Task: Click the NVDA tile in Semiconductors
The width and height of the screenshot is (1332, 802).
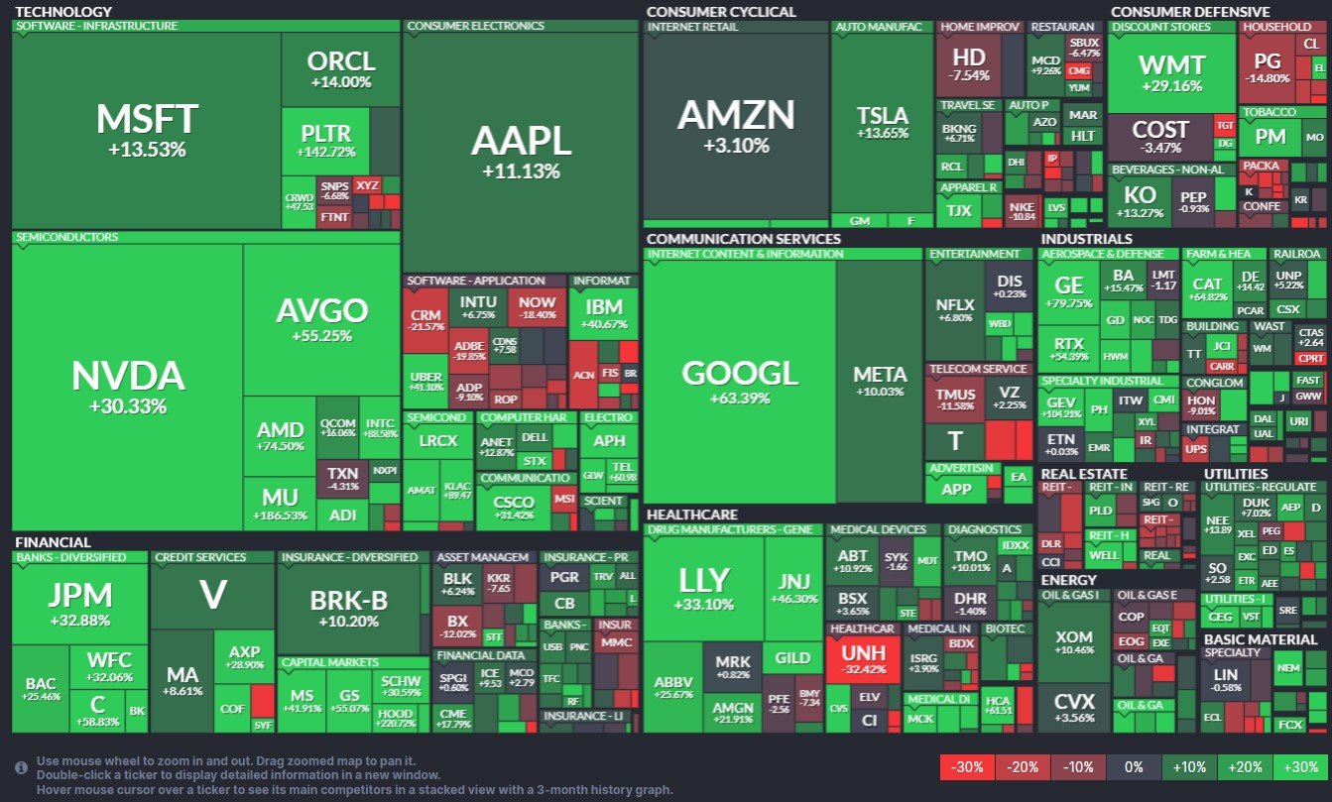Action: coord(128,387)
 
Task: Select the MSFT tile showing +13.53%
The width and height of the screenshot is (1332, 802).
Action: coord(147,129)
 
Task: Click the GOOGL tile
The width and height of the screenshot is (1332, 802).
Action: coord(740,382)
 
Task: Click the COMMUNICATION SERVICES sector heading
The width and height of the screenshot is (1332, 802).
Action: coord(744,239)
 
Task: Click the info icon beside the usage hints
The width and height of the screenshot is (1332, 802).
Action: coord(21,767)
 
